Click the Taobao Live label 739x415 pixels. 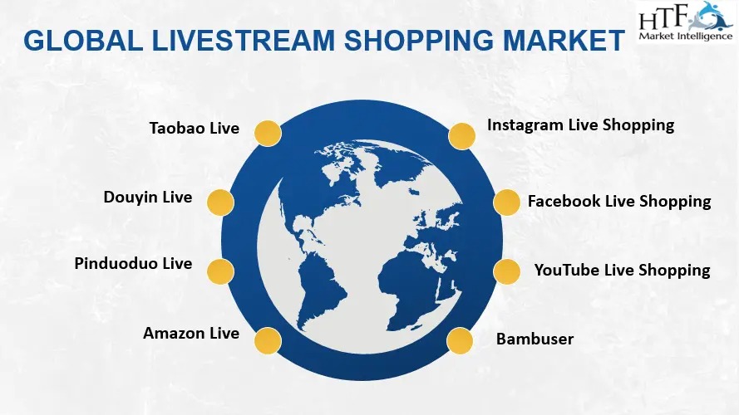click(x=195, y=128)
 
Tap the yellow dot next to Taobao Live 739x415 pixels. click(x=268, y=133)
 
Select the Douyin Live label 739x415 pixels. click(x=147, y=198)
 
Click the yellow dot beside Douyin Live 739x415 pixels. click(x=220, y=203)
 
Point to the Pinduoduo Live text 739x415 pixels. click(x=133, y=263)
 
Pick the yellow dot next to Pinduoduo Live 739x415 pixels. click(x=220, y=271)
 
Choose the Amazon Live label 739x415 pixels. click(x=191, y=333)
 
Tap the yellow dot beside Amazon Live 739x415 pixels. click(x=268, y=340)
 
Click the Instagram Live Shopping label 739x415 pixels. click(x=580, y=125)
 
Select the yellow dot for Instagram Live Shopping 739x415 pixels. click(x=462, y=136)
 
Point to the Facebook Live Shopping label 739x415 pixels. click(x=619, y=202)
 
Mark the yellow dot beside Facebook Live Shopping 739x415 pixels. click(x=506, y=203)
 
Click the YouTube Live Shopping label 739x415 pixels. click(x=622, y=270)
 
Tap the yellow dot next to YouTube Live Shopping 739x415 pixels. click(x=506, y=271)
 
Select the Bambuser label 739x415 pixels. click(x=535, y=339)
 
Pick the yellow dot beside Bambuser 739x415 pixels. click(x=460, y=340)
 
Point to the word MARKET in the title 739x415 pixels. click(x=564, y=41)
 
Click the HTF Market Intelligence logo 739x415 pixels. click(x=686, y=22)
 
